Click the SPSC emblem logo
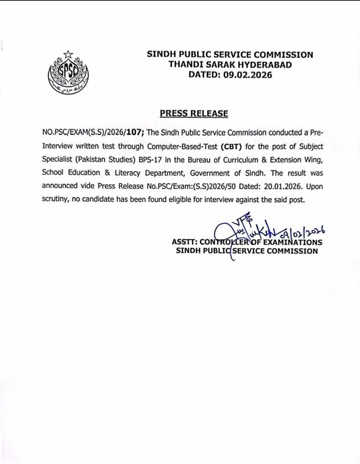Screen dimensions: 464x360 click(x=68, y=72)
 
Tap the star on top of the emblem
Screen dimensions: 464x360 click(x=68, y=54)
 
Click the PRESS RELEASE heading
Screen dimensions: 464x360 click(x=194, y=114)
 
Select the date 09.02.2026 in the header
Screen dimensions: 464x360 click(x=248, y=75)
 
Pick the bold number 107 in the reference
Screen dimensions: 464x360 click(x=135, y=132)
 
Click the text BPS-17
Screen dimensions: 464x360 click(x=150, y=160)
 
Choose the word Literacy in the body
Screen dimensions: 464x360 click(x=127, y=173)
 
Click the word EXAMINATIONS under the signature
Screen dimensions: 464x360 click(x=293, y=242)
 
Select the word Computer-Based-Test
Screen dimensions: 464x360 click(x=182, y=147)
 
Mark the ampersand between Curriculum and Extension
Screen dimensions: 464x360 click(x=264, y=160)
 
